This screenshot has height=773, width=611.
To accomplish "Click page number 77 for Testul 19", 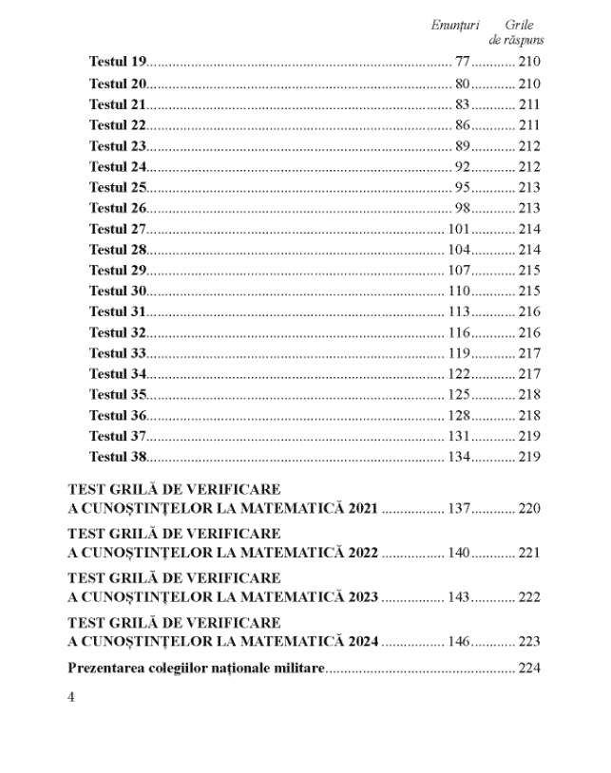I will point(463,62).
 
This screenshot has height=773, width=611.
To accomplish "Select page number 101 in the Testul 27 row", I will point(459,229).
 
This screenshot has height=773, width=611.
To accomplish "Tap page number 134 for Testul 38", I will point(459,458).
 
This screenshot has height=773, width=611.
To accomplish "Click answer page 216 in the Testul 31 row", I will point(529,311).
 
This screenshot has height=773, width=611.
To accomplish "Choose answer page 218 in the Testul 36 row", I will point(529,416).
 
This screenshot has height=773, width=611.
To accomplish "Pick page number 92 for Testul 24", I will point(463,166).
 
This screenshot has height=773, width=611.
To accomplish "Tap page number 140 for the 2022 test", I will point(459,554).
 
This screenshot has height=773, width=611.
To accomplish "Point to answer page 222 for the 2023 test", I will point(529,597).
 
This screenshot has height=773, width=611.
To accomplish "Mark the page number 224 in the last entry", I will point(529,669).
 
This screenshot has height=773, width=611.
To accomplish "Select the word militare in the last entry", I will point(298,669).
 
